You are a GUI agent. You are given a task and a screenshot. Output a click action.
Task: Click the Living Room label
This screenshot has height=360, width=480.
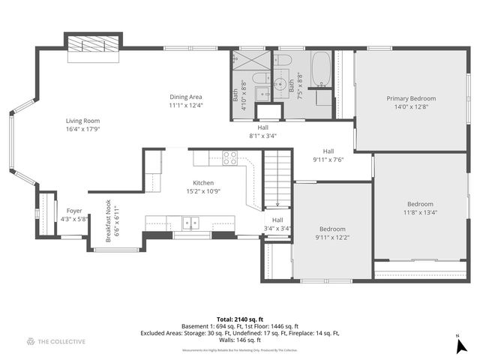[82, 121]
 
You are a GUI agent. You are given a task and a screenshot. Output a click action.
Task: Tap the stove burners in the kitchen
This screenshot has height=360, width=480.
[230, 157]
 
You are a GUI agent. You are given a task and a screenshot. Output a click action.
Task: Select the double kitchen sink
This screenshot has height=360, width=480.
[191, 223]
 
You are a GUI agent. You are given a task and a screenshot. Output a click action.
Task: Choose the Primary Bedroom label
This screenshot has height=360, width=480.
[410, 98]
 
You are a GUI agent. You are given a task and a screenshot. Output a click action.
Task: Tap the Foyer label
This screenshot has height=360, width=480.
[74, 211]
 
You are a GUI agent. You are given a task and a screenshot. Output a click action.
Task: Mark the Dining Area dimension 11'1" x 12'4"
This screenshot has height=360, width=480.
[185, 106]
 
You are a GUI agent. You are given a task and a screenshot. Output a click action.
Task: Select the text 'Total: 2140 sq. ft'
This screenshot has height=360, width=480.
[236, 319]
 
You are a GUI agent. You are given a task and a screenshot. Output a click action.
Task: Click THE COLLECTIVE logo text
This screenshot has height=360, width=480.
[61, 341]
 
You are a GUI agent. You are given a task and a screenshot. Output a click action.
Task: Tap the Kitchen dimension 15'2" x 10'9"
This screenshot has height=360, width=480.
[203, 191]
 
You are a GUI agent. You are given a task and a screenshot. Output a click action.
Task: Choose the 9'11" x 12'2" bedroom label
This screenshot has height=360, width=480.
[331, 238]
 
